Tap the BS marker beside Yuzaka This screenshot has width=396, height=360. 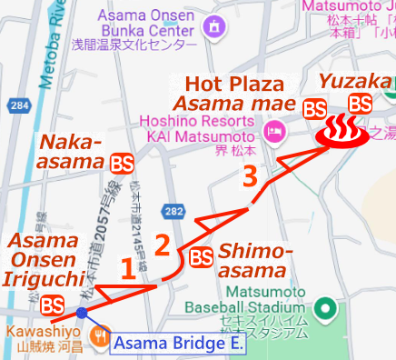[361, 104]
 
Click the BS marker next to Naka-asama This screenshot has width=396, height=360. [121, 164]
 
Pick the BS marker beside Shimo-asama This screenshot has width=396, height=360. [202, 257]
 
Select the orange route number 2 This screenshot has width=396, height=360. [162, 245]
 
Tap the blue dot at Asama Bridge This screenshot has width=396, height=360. [83, 314]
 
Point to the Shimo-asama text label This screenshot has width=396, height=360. [256, 261]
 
